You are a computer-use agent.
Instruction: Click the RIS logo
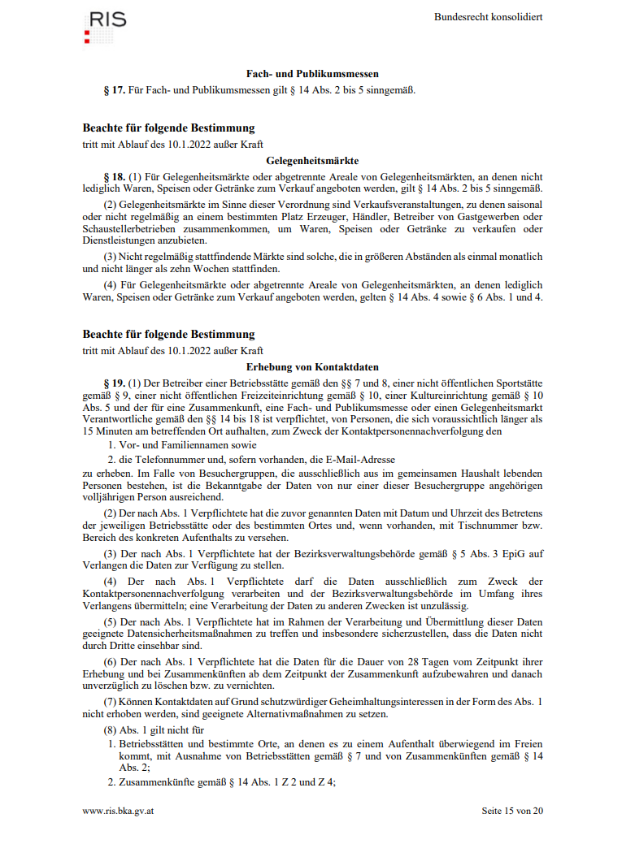click(x=105, y=25)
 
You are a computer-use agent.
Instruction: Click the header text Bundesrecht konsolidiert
click(x=488, y=17)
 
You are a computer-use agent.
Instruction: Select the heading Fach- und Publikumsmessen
click(x=312, y=74)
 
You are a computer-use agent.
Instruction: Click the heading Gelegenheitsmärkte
click(x=312, y=161)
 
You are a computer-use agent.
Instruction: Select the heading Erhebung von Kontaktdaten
click(x=312, y=367)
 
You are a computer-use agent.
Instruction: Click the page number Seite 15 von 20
click(x=511, y=811)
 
